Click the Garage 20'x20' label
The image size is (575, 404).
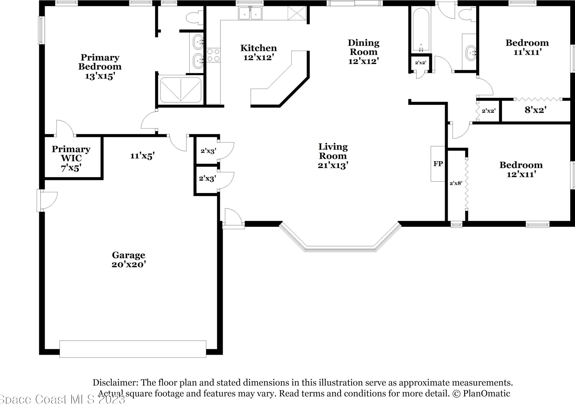point(128,260)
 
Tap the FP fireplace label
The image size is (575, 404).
point(438,164)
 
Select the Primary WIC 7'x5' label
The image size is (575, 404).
point(71,158)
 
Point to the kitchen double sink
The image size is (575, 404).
point(250,13)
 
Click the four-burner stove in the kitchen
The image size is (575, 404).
point(213,55)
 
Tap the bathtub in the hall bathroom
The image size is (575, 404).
point(421,29)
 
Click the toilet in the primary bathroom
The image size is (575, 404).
point(195,17)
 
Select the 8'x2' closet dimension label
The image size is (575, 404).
point(535,110)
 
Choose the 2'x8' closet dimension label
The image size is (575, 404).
point(456,183)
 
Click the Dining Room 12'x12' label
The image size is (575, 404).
point(363,52)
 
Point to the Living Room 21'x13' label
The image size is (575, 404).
point(333,156)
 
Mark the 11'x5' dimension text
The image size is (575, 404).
point(142,156)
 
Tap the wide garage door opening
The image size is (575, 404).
point(133,349)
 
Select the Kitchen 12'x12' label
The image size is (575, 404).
point(259,53)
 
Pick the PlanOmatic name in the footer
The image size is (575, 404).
point(486,393)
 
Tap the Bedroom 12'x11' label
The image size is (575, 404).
point(521,169)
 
